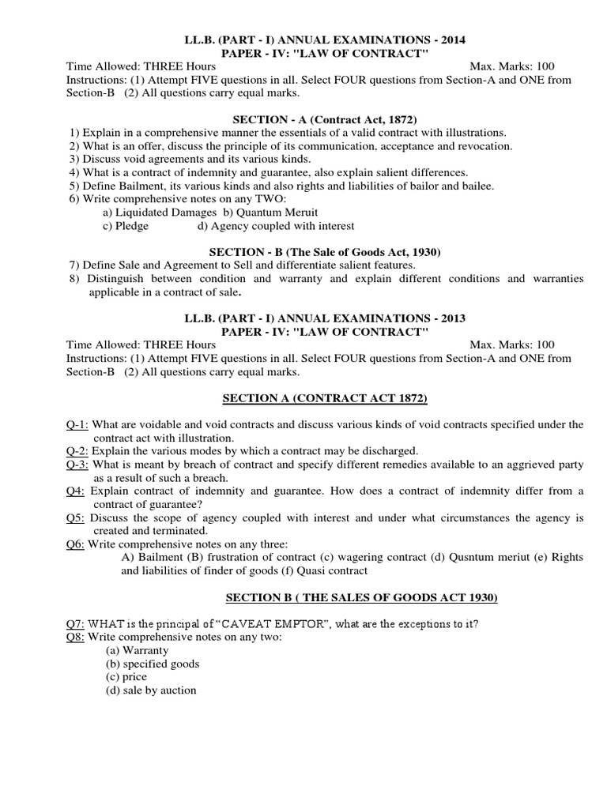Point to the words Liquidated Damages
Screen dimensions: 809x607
click(166, 213)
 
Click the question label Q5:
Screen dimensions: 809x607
click(76, 517)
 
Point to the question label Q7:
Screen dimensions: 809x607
click(76, 624)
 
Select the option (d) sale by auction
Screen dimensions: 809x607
click(152, 690)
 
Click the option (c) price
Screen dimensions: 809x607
click(127, 677)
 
